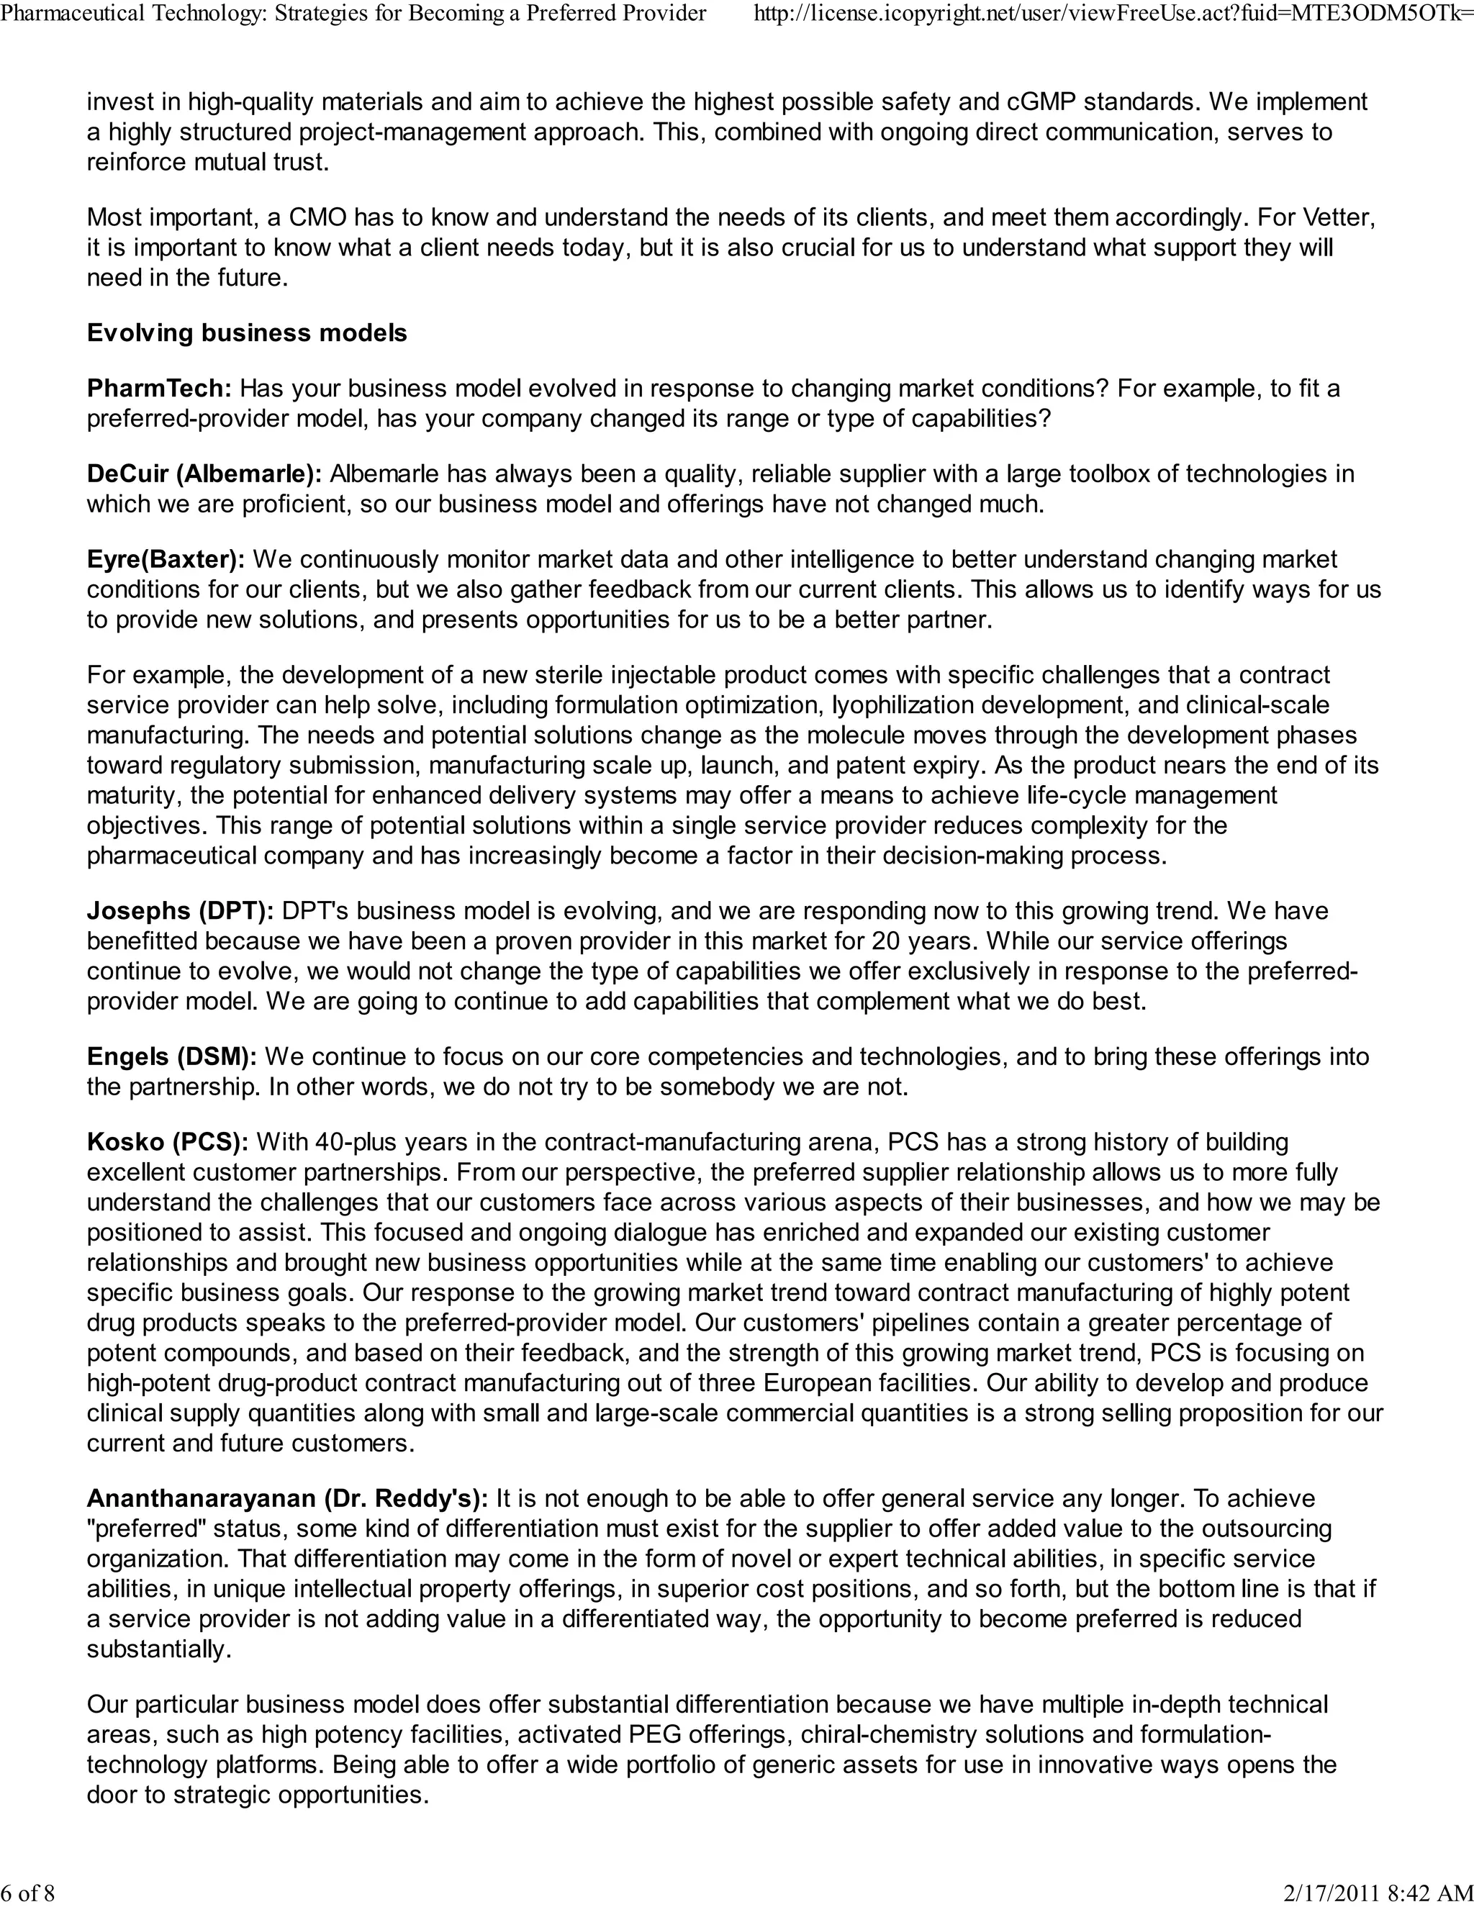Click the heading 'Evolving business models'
click(x=246, y=332)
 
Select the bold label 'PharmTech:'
click(x=159, y=389)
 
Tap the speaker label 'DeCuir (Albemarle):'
click(x=204, y=474)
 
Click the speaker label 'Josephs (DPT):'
click(x=180, y=911)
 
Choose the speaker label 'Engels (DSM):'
click(x=171, y=1056)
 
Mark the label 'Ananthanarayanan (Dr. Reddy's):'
click(x=287, y=1498)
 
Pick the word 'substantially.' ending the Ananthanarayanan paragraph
click(x=159, y=1649)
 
